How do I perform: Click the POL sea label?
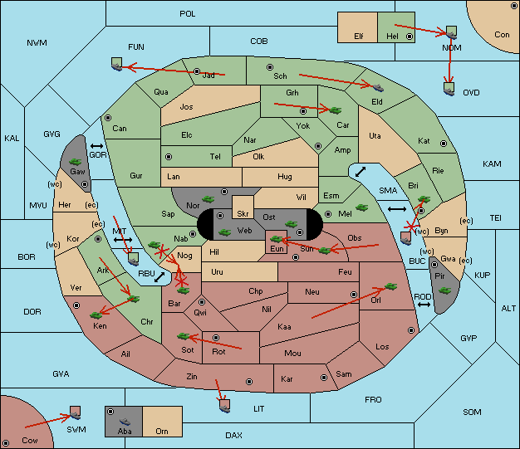(x=188, y=14)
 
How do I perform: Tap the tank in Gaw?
(x=76, y=162)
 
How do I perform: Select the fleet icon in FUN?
(x=117, y=64)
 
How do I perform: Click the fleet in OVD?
(x=449, y=89)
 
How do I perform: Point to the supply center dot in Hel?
(x=410, y=37)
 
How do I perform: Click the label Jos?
(x=186, y=107)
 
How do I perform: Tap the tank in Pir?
(x=445, y=290)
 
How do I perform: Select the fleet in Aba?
(x=125, y=422)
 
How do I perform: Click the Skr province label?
(x=243, y=214)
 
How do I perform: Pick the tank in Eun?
(x=277, y=238)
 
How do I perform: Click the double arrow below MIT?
(x=123, y=240)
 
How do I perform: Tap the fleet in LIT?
(x=224, y=406)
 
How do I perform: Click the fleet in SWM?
(x=76, y=412)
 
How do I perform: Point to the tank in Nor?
(x=208, y=199)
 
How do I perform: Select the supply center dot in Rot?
(x=216, y=338)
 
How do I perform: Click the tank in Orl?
(x=390, y=286)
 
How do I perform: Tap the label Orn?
(x=162, y=431)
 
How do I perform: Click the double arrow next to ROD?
(x=424, y=305)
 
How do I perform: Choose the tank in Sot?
(x=183, y=336)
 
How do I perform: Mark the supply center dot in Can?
(x=108, y=118)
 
